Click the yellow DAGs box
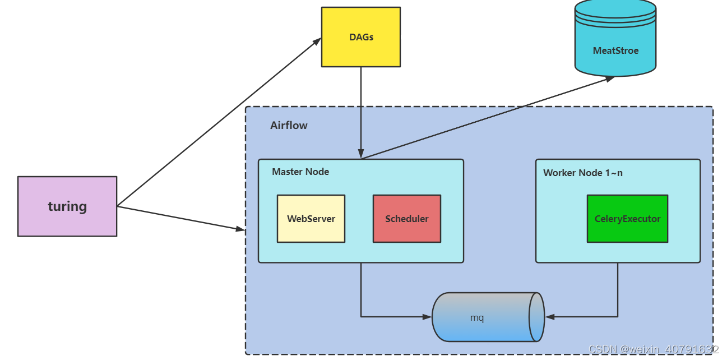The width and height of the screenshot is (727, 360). [361, 37]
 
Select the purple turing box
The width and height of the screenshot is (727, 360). [67, 206]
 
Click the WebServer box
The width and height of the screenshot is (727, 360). [311, 219]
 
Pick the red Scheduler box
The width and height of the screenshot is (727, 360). [407, 219]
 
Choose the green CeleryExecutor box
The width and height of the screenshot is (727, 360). [627, 219]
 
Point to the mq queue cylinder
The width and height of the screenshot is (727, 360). [482, 317]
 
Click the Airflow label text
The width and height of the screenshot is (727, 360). [289, 126]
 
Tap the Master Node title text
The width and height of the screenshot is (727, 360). [300, 172]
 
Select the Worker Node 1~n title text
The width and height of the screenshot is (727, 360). [583, 173]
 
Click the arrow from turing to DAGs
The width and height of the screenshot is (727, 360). [219, 122]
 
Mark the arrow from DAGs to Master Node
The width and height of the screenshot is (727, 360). [361, 112]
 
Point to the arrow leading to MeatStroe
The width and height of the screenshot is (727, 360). [488, 118]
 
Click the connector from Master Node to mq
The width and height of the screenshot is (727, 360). [361, 297]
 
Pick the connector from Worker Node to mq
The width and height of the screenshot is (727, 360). [618, 297]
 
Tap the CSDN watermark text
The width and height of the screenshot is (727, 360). [653, 349]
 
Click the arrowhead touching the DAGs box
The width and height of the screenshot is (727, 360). [317, 40]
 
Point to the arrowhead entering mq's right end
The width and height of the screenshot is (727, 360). [550, 317]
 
